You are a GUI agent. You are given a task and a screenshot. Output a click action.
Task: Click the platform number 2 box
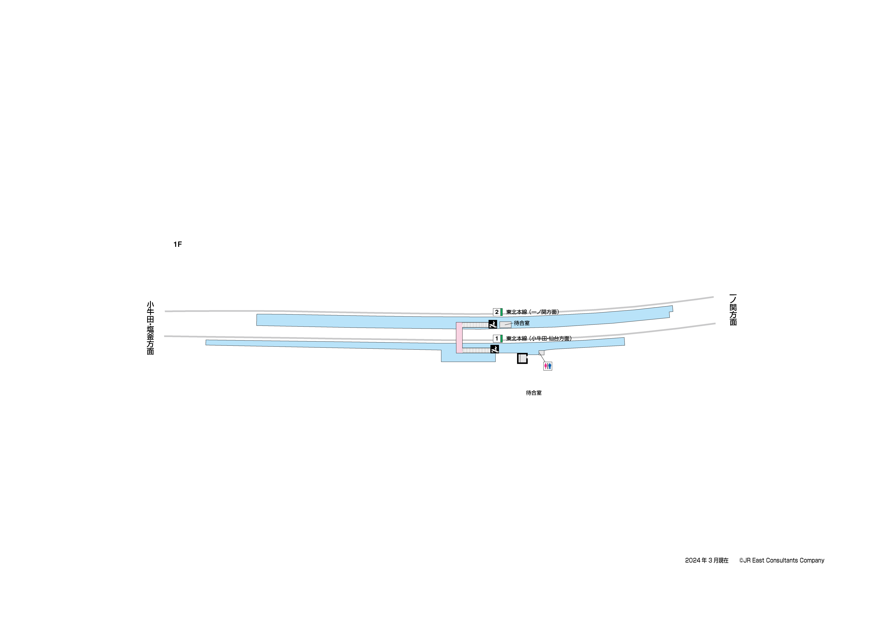pos(496,312)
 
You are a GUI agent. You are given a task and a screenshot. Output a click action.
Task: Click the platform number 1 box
pos(496,339)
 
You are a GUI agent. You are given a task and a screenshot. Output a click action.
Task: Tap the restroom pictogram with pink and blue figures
pos(548,366)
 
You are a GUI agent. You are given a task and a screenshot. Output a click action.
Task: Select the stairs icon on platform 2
pos(493,324)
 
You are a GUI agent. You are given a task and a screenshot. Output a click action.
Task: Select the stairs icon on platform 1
pos(495,349)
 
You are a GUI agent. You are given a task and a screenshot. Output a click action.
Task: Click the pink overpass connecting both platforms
pos(459,338)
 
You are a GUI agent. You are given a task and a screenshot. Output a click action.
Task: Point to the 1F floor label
pos(177,245)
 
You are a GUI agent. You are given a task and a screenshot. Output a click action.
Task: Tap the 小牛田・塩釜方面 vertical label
pos(150,328)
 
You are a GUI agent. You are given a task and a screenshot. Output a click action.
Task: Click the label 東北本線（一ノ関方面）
pos(533,312)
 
